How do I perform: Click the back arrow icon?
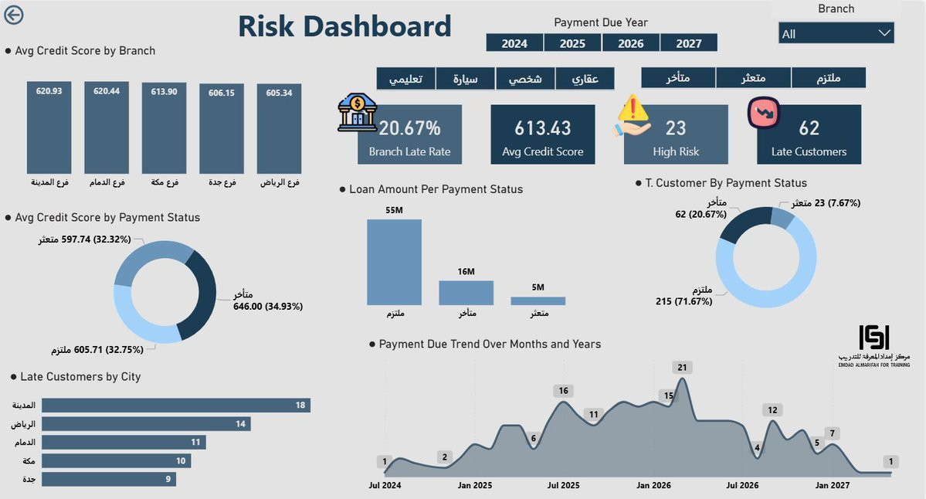point(14,15)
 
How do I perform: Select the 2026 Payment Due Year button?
point(630,43)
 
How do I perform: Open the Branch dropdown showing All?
point(836,33)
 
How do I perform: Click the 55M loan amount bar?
point(394,262)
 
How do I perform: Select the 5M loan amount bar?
point(538,300)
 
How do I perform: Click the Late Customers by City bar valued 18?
point(175,406)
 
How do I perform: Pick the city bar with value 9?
point(108,479)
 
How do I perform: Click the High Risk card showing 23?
point(676,135)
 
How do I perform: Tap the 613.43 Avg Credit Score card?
point(543,135)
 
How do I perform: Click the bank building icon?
point(357,113)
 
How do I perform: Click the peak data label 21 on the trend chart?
point(682,368)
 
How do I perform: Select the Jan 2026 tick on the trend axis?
point(653,485)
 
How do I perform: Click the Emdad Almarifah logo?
point(874,345)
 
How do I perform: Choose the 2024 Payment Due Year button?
point(514,43)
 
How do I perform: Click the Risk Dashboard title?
point(344,26)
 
